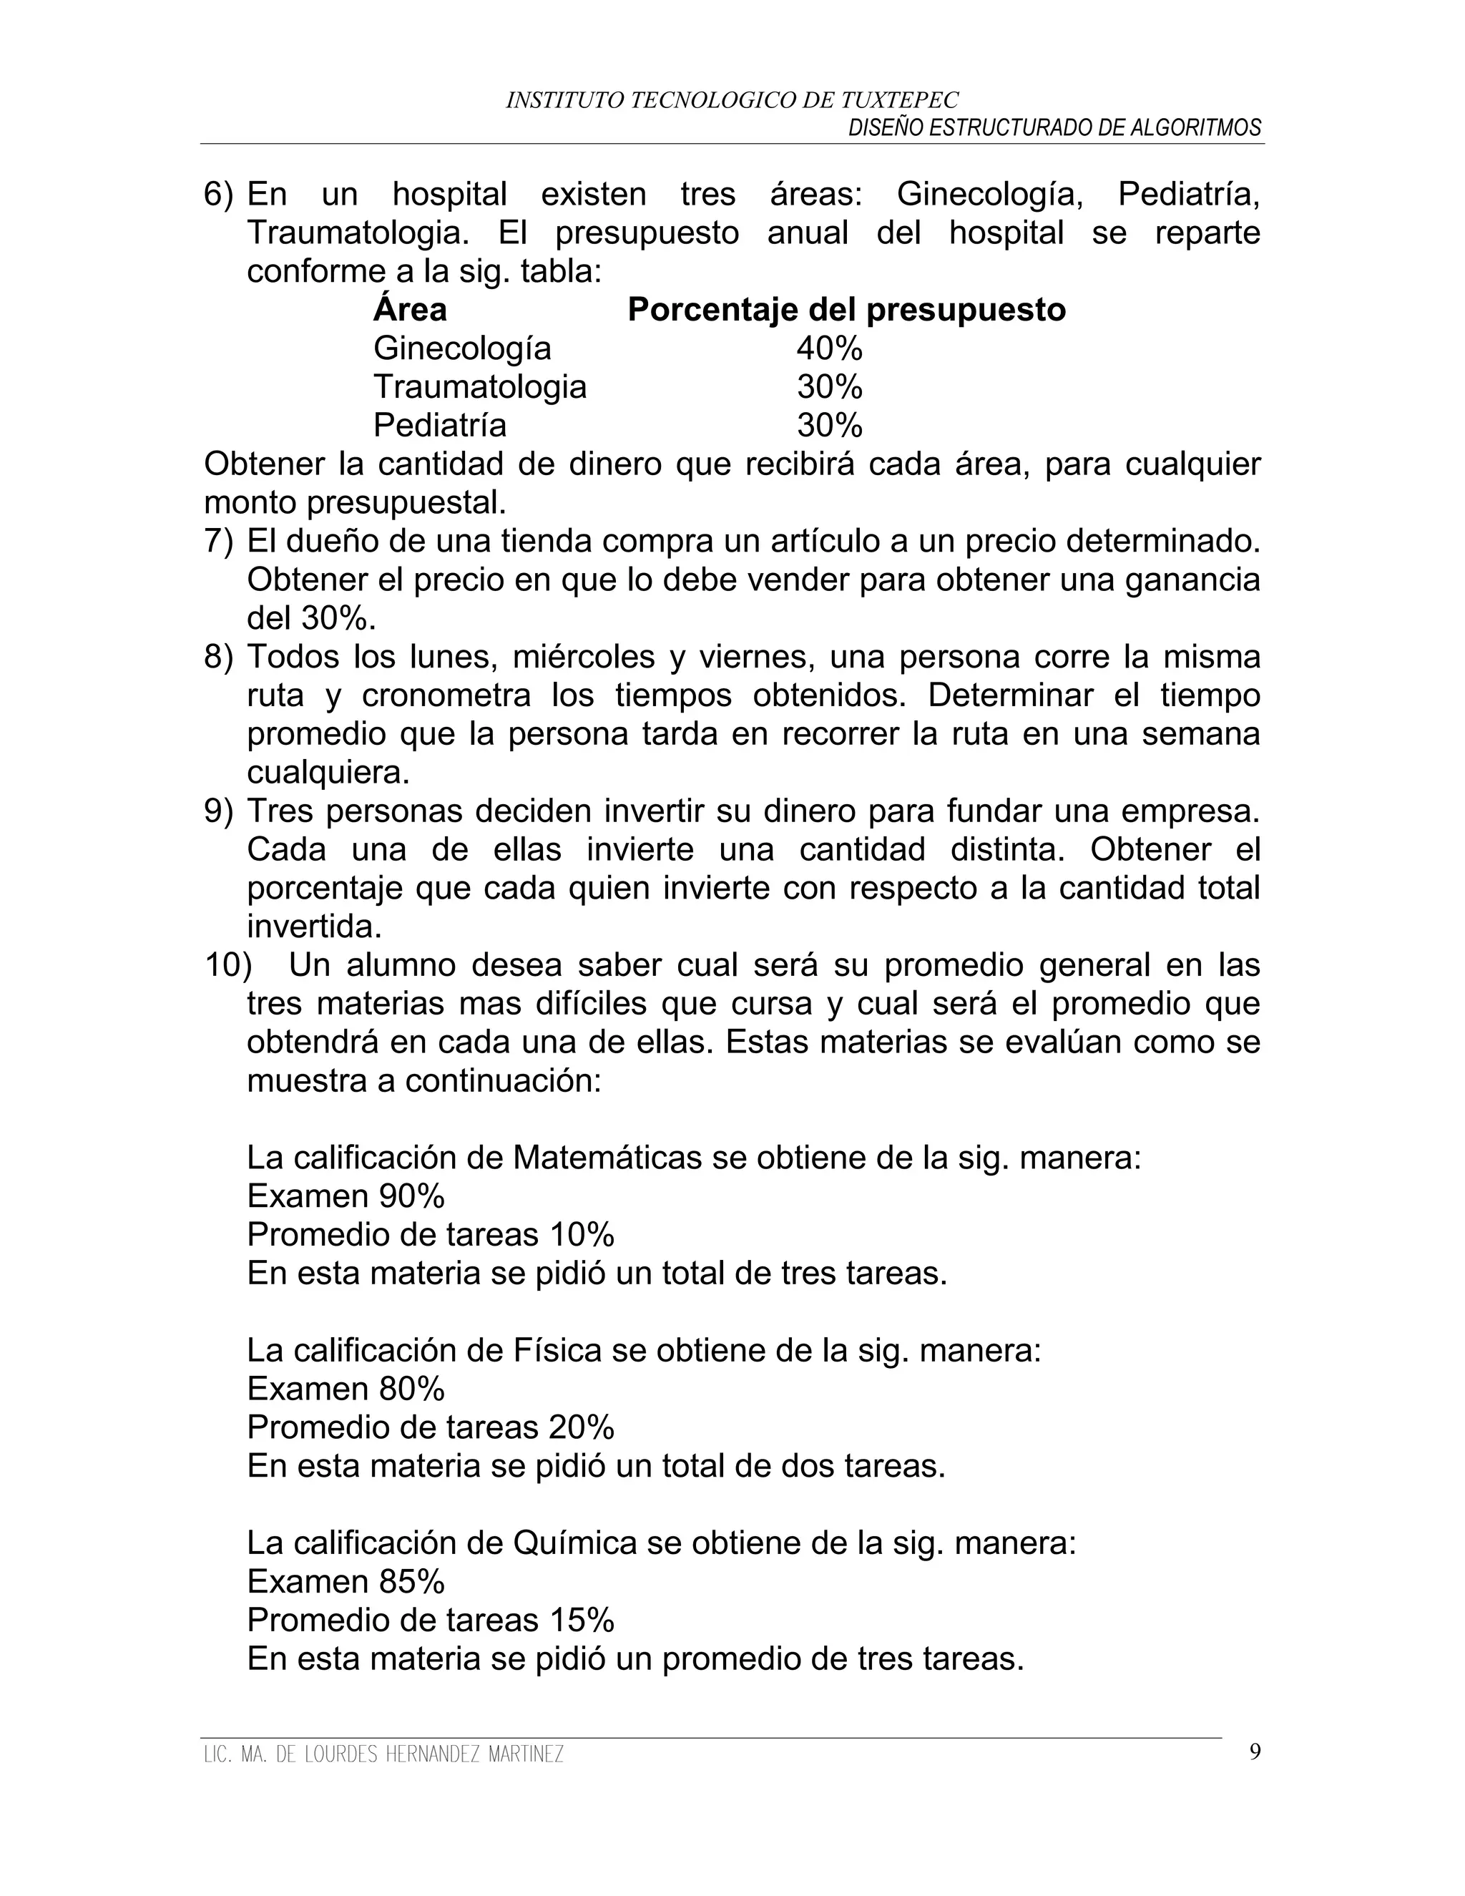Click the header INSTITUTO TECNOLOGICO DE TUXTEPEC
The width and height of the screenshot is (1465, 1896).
coord(732,101)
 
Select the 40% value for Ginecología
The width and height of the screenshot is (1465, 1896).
coord(829,348)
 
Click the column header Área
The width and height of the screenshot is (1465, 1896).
coord(410,309)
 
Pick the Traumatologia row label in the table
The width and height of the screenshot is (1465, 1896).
coord(479,386)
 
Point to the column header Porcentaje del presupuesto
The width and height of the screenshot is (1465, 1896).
coord(846,310)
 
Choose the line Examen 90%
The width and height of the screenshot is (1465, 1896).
coord(346,1196)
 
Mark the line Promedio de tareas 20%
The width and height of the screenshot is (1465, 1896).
coord(431,1427)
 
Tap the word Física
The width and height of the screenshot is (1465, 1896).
coord(557,1351)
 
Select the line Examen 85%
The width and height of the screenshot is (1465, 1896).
coord(346,1582)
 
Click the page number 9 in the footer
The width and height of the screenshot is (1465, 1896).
coord(1255,1753)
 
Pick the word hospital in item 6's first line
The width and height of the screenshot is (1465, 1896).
coord(449,194)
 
